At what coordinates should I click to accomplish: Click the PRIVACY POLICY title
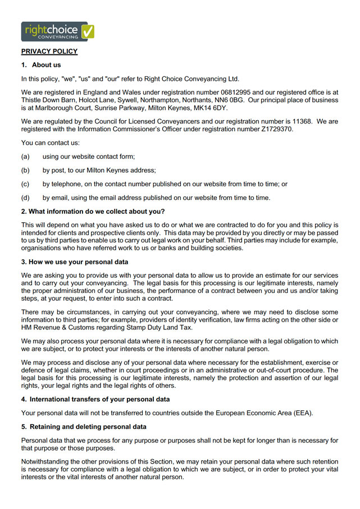[x=49, y=52]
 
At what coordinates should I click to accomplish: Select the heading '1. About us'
[x=41, y=65]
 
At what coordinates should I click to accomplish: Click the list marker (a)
[x=25, y=156]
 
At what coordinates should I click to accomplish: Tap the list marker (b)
[x=25, y=170]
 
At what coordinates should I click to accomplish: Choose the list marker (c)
[x=25, y=184]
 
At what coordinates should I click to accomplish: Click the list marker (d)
[x=25, y=197]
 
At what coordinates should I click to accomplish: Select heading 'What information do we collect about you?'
[x=93, y=211]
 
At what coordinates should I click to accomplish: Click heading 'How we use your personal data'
[x=75, y=262]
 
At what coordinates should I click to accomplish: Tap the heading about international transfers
[x=95, y=400]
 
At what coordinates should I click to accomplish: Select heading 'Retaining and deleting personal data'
[x=84, y=427]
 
